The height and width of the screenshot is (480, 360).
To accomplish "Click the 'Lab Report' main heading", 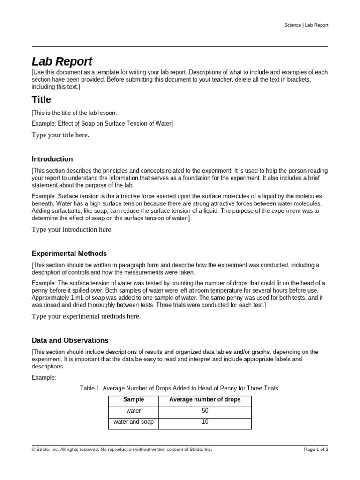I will pyautogui.click(x=62, y=61).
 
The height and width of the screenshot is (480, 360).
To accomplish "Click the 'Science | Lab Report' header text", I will pyautogui.click(x=306, y=25).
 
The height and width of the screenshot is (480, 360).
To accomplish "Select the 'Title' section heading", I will pyautogui.click(x=41, y=99).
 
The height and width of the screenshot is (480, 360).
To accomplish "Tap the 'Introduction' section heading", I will pyautogui.click(x=52, y=159).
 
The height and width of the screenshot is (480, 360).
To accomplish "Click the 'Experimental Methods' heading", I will pyautogui.click(x=69, y=254).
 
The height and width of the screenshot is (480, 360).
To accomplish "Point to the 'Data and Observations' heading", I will pyautogui.click(x=70, y=340).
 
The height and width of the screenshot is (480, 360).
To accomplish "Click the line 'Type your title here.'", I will pyautogui.click(x=60, y=135).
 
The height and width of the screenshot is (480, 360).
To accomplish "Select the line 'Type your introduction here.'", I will pyautogui.click(x=72, y=230).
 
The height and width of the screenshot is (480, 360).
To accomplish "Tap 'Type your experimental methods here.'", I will pyautogui.click(x=86, y=316).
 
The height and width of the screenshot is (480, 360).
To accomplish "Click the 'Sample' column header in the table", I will pyautogui.click(x=134, y=400).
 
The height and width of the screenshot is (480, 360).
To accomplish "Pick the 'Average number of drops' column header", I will pyautogui.click(x=205, y=400).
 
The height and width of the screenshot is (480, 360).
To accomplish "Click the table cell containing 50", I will pyautogui.click(x=205, y=411).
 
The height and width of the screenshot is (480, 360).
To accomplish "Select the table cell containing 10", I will pyautogui.click(x=205, y=422).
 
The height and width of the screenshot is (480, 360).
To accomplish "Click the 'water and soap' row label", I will pyautogui.click(x=134, y=422).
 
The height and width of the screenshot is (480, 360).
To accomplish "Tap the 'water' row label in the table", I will pyautogui.click(x=134, y=411).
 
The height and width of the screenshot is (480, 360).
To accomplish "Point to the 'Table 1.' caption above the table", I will pyautogui.click(x=180, y=388).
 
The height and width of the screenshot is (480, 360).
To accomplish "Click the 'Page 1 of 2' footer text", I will pyautogui.click(x=316, y=449).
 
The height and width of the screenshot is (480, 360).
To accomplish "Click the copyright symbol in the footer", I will pyautogui.click(x=34, y=449).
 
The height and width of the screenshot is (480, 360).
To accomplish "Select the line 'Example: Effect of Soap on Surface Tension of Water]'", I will pyautogui.click(x=102, y=123).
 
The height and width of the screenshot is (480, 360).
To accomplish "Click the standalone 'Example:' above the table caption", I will pyautogui.click(x=44, y=377).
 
